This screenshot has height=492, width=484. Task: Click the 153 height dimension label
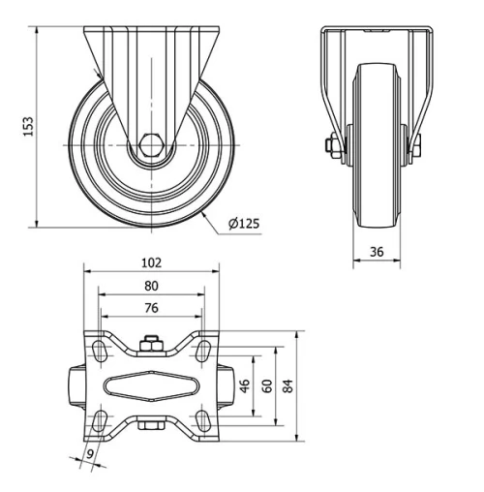(x=28, y=126)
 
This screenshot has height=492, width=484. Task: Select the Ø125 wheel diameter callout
(x=245, y=224)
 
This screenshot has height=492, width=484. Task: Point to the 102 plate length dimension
(x=150, y=261)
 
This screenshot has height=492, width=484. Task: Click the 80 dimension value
(x=150, y=286)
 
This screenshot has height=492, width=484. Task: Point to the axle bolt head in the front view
(x=332, y=146)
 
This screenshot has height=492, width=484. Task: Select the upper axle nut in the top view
(x=150, y=343)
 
